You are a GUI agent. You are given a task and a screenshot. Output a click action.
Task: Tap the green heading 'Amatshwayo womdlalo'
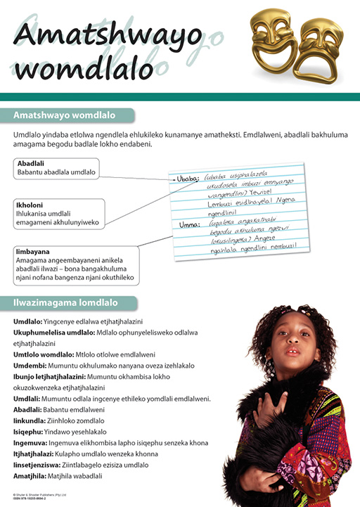[63, 115]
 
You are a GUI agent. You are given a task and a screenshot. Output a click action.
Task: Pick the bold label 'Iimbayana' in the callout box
[33, 250]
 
